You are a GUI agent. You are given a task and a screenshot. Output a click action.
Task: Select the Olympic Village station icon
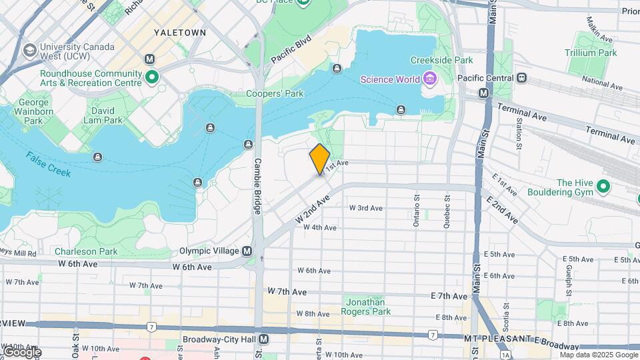click(x=247, y=251)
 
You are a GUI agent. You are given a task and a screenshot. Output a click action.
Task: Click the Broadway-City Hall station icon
click(x=264, y=339)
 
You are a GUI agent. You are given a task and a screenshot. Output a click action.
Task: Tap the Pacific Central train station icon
click(x=522, y=78)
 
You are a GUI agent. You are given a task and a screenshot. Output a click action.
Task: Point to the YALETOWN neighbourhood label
click(x=179, y=32)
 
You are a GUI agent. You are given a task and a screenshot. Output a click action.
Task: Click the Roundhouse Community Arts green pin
click(x=152, y=78)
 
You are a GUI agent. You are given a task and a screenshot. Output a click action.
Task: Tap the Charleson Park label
click(x=86, y=251)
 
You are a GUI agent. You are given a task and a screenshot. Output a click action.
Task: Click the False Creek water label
click(x=49, y=164)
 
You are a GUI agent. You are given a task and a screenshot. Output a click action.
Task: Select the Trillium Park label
click(x=591, y=53)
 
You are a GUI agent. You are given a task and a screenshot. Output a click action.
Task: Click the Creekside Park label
click(x=450, y=60)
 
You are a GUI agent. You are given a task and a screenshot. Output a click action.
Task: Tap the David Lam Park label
click(x=103, y=115)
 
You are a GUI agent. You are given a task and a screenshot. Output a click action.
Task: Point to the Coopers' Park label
click(x=275, y=94)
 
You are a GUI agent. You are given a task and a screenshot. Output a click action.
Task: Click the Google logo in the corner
click(x=21, y=351)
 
